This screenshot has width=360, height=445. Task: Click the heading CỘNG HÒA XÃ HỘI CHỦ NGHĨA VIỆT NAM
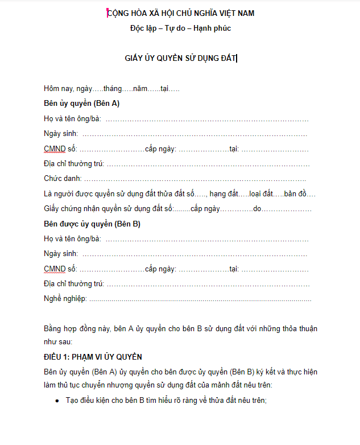(x=181, y=13)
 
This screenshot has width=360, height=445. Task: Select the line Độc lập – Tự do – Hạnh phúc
(x=180, y=28)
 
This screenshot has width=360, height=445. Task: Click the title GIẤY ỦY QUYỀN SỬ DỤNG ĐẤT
(x=180, y=58)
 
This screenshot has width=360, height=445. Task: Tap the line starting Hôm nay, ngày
(x=111, y=89)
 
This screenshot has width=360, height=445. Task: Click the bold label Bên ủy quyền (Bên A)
(x=81, y=104)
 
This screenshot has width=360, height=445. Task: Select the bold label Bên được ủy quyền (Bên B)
(x=92, y=224)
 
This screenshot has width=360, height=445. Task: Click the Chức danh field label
(x=62, y=179)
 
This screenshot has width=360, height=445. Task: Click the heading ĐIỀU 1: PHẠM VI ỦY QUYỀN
(x=93, y=357)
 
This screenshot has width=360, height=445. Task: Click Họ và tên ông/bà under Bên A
(x=72, y=119)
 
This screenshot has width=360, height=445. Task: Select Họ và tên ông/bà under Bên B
(x=72, y=239)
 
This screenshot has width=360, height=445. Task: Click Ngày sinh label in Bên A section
(x=60, y=134)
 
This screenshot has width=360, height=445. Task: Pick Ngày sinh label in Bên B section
(x=60, y=254)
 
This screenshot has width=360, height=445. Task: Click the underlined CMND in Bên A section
(x=55, y=149)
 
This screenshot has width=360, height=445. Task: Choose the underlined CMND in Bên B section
(x=55, y=269)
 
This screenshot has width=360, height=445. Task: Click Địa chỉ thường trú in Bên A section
(x=73, y=164)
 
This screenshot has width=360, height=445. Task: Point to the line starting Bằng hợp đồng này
(x=180, y=328)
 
